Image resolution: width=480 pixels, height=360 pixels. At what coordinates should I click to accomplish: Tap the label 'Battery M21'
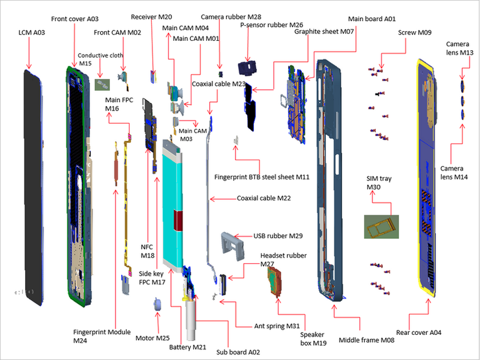pos(188,348)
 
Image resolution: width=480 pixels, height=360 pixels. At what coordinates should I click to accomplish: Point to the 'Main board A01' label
pos(372,19)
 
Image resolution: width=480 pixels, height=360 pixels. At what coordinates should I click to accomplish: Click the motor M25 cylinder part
pos(157,304)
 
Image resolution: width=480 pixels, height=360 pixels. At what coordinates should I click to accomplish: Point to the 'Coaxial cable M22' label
pos(263,198)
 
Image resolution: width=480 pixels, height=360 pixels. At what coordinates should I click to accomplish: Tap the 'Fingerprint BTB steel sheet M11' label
pos(262,177)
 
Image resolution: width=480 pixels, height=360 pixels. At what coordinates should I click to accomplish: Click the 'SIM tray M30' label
pos(378,183)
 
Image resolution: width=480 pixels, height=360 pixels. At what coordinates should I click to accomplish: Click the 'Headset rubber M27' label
pos(283,259)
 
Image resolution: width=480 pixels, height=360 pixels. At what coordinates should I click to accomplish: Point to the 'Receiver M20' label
pos(151,17)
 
